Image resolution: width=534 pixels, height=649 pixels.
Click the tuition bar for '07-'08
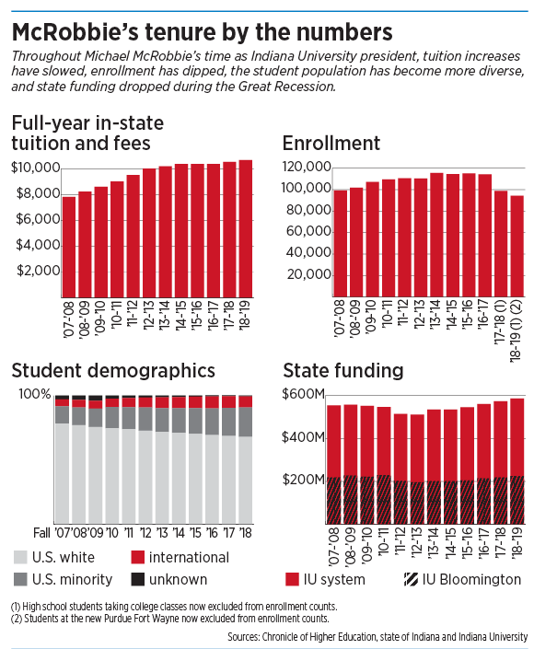point(69,247)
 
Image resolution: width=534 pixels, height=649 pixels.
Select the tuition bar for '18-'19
point(246,228)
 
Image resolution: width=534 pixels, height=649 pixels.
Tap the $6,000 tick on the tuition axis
point(38,219)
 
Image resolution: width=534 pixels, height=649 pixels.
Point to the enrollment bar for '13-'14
point(436,235)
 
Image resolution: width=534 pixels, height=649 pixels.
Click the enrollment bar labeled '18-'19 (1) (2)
point(517,247)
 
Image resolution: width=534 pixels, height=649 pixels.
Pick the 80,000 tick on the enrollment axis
point(308,210)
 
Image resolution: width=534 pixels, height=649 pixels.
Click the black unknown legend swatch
point(137,579)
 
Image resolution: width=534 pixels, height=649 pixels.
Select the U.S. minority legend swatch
point(20,579)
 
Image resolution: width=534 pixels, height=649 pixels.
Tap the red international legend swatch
point(137,557)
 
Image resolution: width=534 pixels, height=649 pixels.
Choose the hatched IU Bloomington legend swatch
point(411,579)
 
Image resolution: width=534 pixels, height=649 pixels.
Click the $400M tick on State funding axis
point(303,437)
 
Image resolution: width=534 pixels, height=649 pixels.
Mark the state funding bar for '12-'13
point(417,469)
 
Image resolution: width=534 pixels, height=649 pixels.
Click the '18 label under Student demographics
point(246,533)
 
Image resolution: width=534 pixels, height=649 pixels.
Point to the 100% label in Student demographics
point(35,394)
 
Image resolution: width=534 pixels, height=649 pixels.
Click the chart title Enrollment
point(331,144)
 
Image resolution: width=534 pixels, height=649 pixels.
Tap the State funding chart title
point(343,370)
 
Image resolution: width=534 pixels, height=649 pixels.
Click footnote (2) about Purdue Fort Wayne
point(170,619)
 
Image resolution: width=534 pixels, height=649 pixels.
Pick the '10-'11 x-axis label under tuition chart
point(117,316)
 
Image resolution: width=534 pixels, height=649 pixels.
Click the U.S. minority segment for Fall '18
point(246,422)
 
